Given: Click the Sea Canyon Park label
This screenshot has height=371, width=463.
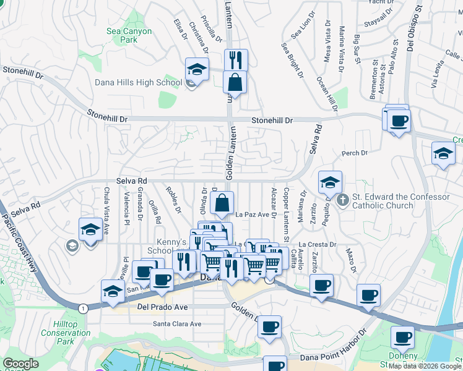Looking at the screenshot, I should (129, 35).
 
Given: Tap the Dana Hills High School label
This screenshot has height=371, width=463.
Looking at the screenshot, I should (139, 82).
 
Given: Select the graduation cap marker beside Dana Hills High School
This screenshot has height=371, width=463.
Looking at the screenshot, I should (197, 69).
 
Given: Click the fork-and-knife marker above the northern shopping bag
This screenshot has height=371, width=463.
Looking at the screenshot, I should (235, 60).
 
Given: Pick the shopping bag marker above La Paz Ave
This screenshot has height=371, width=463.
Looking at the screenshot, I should (222, 202).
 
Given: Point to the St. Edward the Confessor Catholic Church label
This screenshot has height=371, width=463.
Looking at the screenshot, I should (400, 201).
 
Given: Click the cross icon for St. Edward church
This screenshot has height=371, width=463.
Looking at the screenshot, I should (342, 200).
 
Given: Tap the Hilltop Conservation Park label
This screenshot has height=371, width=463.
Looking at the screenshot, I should (73, 333).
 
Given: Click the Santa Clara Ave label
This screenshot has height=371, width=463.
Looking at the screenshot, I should (178, 324).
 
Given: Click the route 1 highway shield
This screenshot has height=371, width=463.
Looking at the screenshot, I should (82, 307).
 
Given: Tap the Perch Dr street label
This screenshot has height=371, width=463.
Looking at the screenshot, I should (355, 153).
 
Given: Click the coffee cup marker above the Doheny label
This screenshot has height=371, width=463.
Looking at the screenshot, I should (402, 338).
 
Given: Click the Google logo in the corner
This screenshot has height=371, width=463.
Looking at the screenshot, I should (21, 364).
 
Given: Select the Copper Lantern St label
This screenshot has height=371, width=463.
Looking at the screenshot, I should (286, 215).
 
